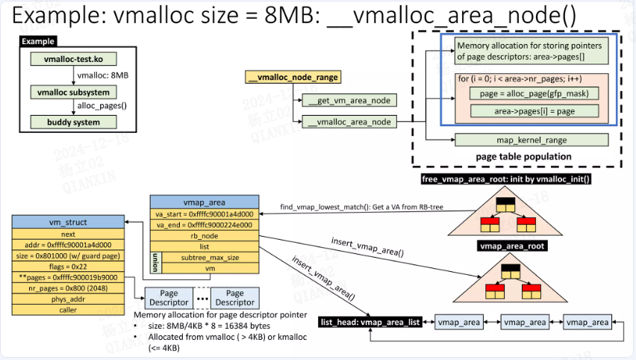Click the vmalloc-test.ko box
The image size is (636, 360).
(73, 58)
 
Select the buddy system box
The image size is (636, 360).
(73, 122)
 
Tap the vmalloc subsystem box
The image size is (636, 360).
(73, 92)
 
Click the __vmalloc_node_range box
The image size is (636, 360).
(293, 77)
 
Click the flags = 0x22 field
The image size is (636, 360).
(68, 265)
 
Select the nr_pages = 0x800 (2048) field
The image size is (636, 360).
(68, 287)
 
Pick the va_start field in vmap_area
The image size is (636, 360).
(204, 214)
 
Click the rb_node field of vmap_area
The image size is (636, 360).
(204, 236)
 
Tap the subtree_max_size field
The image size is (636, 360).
(210, 258)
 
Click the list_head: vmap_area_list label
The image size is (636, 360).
(370, 322)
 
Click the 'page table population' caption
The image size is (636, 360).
(523, 156)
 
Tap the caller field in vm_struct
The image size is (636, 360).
(68, 309)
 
